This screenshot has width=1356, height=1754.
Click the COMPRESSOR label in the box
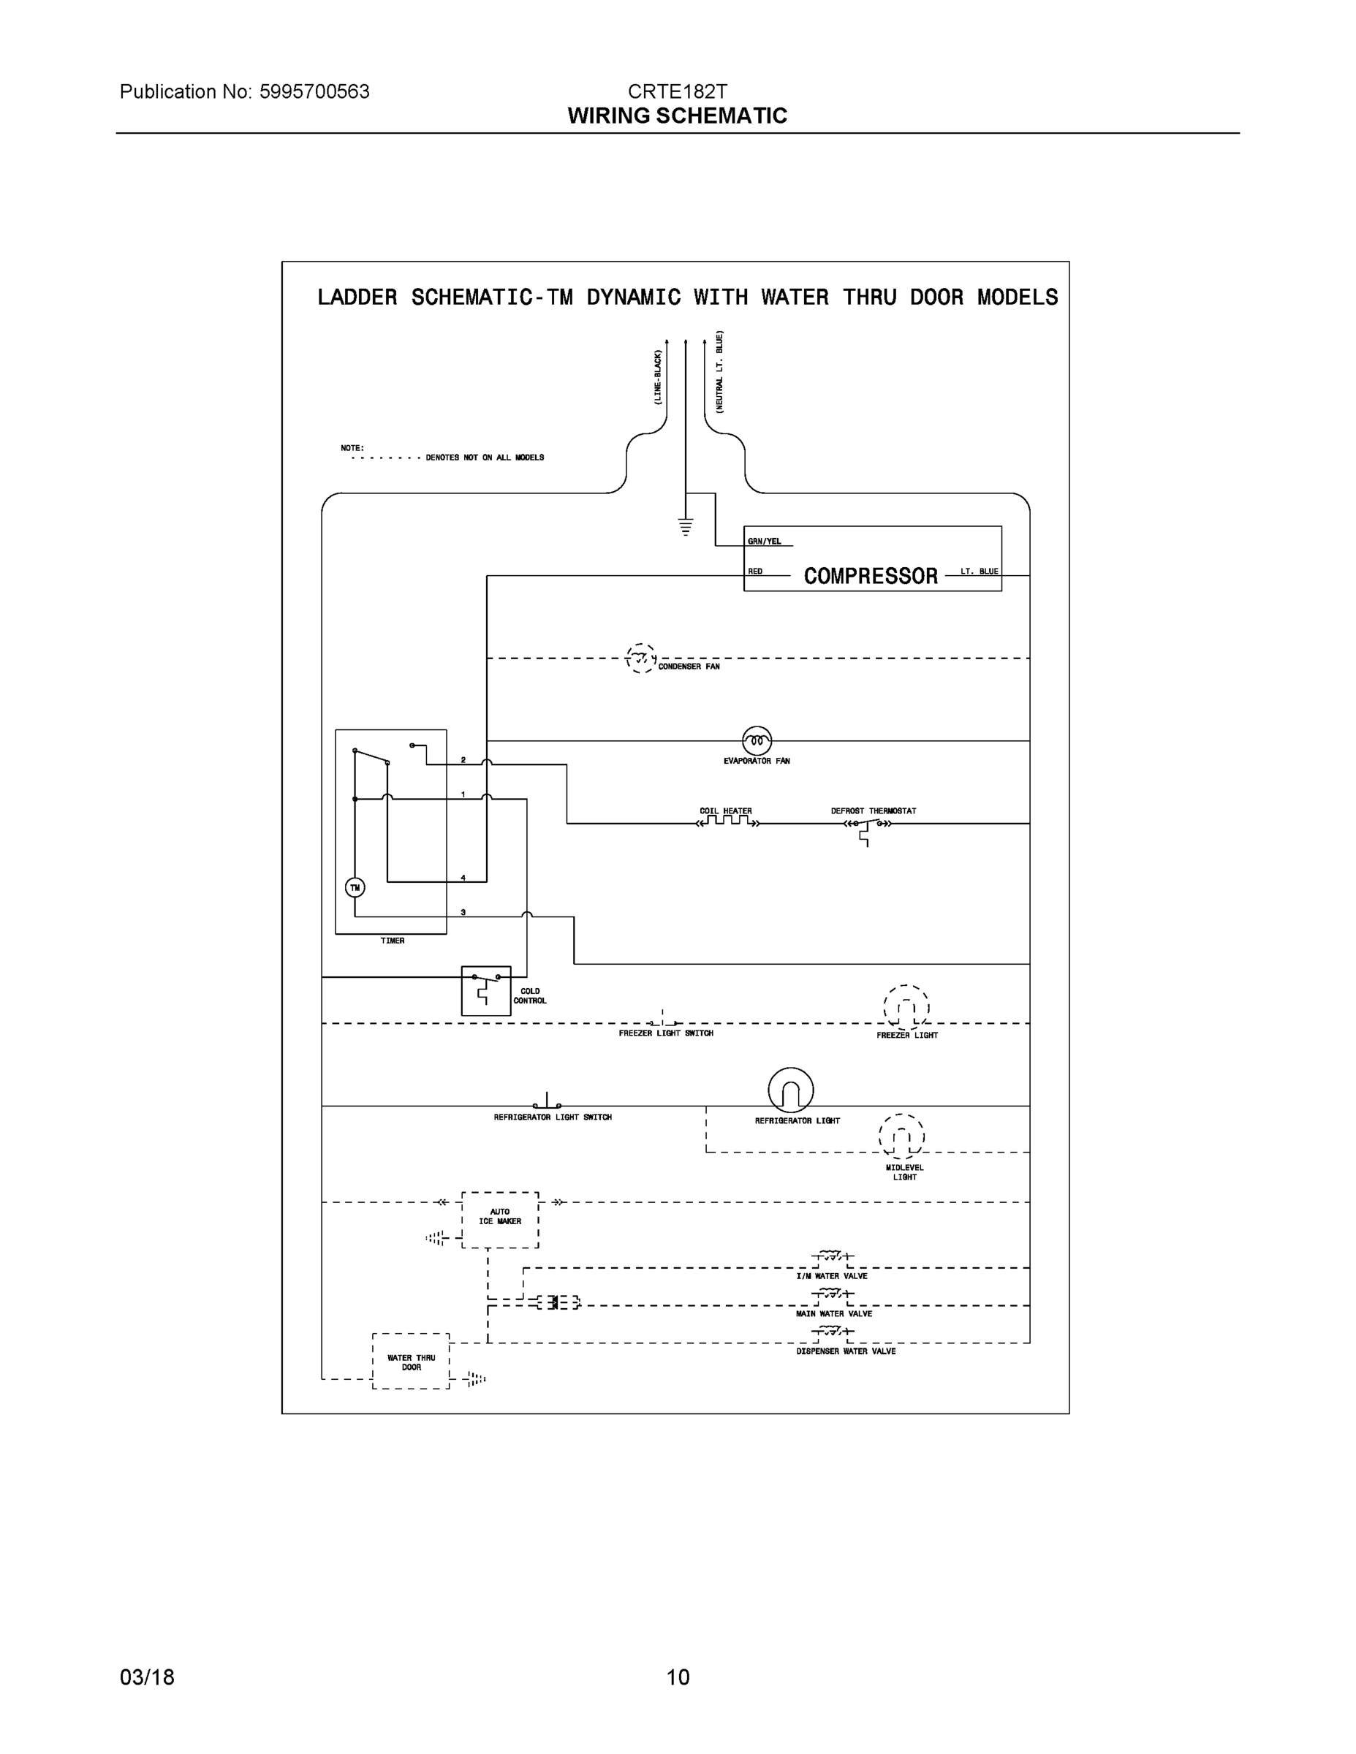pyautogui.click(x=871, y=576)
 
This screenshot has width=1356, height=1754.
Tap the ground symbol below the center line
pyautogui.click(x=685, y=527)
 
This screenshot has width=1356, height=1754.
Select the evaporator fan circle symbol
pyautogui.click(x=757, y=740)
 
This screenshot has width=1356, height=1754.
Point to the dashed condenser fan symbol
pyautogui.click(x=640, y=658)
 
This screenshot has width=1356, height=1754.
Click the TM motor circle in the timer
pyautogui.click(x=355, y=887)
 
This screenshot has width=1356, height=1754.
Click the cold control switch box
pyautogui.click(x=486, y=990)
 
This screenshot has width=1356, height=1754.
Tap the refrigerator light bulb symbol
pyautogui.click(x=790, y=1090)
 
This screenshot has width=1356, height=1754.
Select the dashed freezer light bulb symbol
pyautogui.click(x=906, y=1007)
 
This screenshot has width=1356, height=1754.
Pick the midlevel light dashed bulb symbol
pyautogui.click(x=901, y=1136)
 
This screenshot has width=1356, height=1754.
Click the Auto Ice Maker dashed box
pyautogui.click(x=500, y=1219)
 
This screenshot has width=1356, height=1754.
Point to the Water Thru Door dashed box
pyautogui.click(x=411, y=1362)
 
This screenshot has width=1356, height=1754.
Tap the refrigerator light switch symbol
pyautogui.click(x=547, y=1104)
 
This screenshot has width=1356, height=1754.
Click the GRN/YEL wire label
pyautogui.click(x=764, y=542)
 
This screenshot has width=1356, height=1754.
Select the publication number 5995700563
pyautogui.click(x=314, y=91)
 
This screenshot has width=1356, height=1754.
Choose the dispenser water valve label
pyautogui.click(x=846, y=1351)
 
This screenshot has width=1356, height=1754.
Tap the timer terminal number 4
pyautogui.click(x=463, y=878)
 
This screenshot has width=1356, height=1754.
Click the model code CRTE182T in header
pyautogui.click(x=677, y=91)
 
